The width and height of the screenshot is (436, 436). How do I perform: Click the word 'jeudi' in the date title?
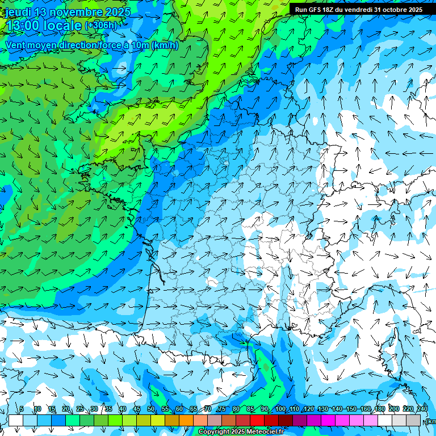pos(18,12)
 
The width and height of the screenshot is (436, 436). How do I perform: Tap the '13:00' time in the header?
pos(24,26)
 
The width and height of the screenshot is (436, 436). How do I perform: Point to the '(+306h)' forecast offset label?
pos(100,25)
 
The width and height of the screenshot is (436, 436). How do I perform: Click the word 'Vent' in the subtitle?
pos(16,45)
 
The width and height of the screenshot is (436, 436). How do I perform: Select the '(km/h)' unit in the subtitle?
pos(165,45)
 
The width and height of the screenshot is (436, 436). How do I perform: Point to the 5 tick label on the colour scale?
pos(22,409)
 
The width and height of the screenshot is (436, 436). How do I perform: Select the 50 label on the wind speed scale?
pos(151,409)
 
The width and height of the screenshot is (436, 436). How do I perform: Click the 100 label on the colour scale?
pos(280,409)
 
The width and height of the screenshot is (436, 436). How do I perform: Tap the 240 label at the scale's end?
pos(422,409)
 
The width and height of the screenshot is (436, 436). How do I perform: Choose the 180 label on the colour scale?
pos(380,409)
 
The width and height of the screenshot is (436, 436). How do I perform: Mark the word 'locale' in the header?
pos(63,26)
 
